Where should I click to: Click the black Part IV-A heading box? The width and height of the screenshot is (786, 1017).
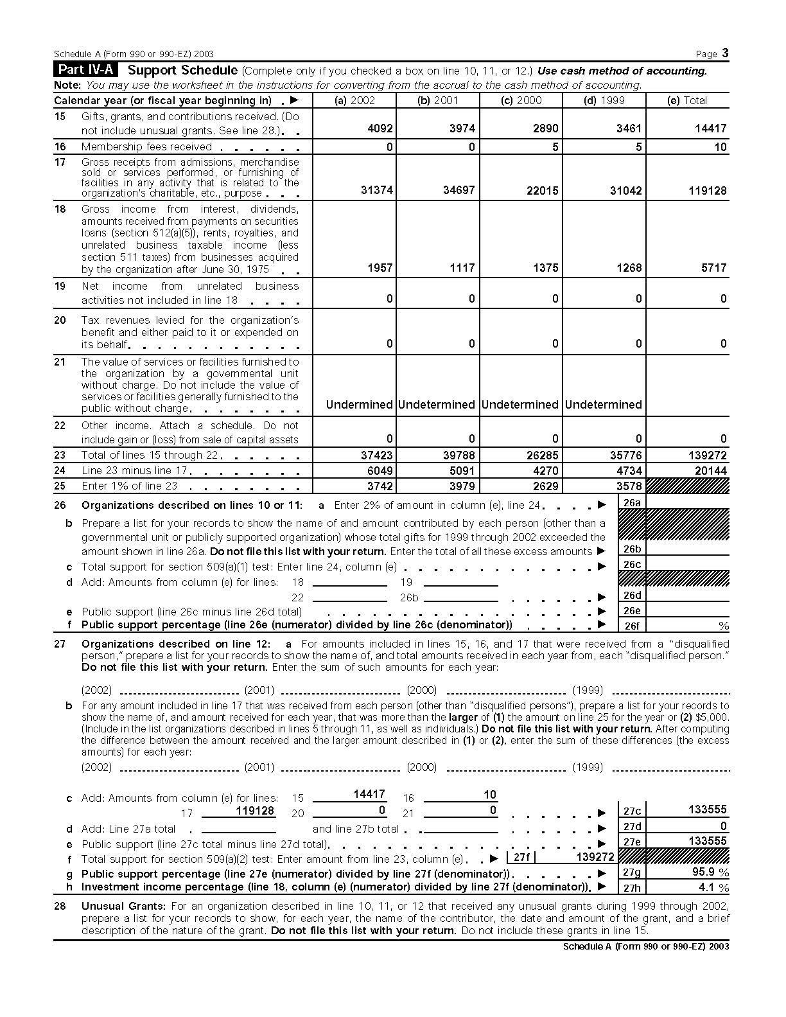click(86, 71)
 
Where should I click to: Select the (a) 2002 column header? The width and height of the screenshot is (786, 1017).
click(354, 100)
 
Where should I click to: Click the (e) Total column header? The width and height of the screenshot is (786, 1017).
click(687, 100)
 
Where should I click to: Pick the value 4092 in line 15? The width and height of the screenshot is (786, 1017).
click(380, 128)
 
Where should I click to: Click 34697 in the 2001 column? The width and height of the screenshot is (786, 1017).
click(459, 191)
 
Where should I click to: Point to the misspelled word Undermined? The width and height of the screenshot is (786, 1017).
click(359, 405)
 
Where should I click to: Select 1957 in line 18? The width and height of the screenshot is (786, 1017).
click(380, 268)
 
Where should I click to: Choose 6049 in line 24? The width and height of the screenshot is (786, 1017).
click(380, 471)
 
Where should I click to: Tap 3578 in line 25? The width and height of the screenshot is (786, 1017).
click(629, 486)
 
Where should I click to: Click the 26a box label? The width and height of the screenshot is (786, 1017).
click(633, 503)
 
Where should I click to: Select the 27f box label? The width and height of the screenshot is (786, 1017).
click(521, 857)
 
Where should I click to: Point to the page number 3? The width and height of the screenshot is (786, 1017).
click(725, 53)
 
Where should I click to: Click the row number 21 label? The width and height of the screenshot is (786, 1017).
click(60, 362)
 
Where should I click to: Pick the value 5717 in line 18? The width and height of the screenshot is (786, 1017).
click(713, 268)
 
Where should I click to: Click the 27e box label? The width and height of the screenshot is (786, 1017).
click(633, 842)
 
